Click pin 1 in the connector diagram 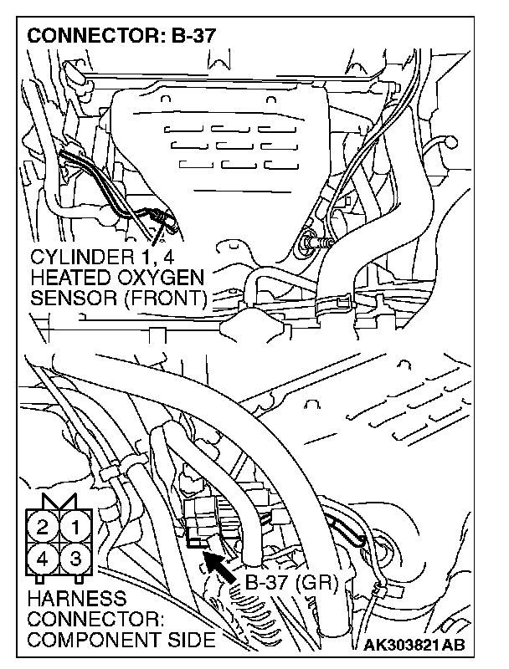tap(75, 528)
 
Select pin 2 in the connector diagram tap(43, 528)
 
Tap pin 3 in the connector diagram tap(75, 558)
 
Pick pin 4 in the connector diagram tap(43, 558)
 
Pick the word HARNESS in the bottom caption tap(77, 599)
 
